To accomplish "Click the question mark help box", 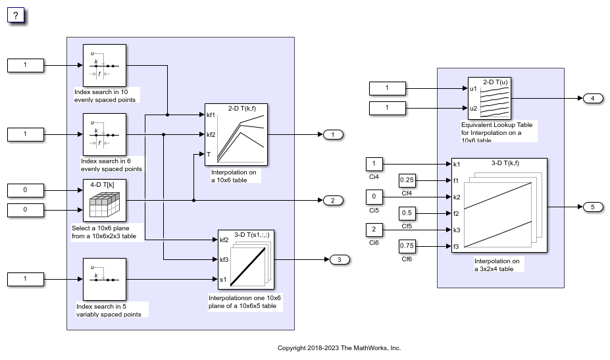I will click(16, 15).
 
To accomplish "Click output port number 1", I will click(333, 135).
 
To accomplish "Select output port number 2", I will click(333, 200).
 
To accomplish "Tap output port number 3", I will click(340, 259).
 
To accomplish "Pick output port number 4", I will click(592, 99).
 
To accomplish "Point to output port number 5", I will click(592, 207).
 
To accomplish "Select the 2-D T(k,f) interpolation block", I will click(236, 134).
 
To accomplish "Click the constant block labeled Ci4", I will click(374, 164).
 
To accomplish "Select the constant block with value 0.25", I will click(407, 180).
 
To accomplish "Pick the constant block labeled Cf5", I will click(407, 213).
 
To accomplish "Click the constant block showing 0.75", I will click(407, 246).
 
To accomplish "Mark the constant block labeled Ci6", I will click(374, 230).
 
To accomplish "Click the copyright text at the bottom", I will click(339, 348).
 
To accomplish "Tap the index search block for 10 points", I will click(105, 65).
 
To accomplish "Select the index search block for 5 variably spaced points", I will click(105, 279).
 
